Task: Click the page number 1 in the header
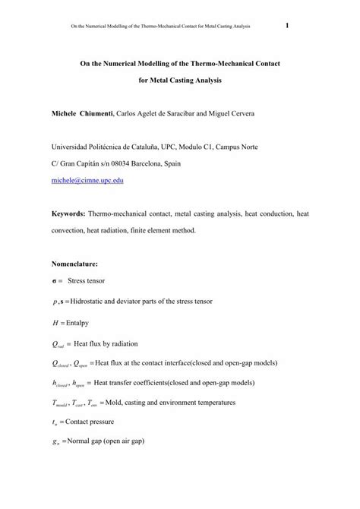pos(288,26)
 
